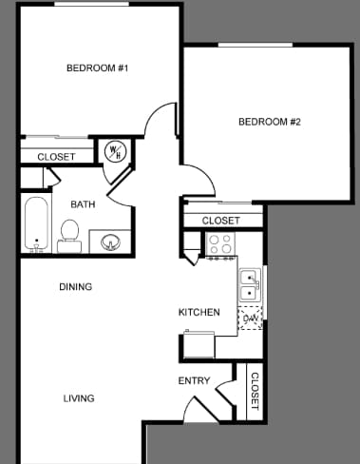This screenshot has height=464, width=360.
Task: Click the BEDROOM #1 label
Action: click(97, 68)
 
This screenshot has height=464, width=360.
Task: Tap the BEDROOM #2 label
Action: click(269, 122)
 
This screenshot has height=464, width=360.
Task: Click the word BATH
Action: click(82, 203)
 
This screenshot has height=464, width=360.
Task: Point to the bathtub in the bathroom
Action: click(36, 224)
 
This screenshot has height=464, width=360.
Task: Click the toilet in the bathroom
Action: click(69, 234)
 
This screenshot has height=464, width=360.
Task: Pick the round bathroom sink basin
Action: click(110, 243)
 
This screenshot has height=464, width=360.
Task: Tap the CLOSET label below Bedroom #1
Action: click(56, 157)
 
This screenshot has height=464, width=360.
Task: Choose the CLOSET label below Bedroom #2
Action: click(220, 221)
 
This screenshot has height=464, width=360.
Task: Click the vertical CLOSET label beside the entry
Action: click(255, 390)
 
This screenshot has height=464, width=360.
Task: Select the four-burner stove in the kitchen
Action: click(221, 245)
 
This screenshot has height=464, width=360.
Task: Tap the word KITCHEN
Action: click(199, 312)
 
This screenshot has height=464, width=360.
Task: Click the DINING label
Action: click(76, 286)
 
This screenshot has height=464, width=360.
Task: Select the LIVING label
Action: click(79, 398)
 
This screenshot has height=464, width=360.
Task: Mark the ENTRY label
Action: click(194, 381)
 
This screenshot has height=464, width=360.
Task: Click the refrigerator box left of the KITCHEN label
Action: click(199, 343)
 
